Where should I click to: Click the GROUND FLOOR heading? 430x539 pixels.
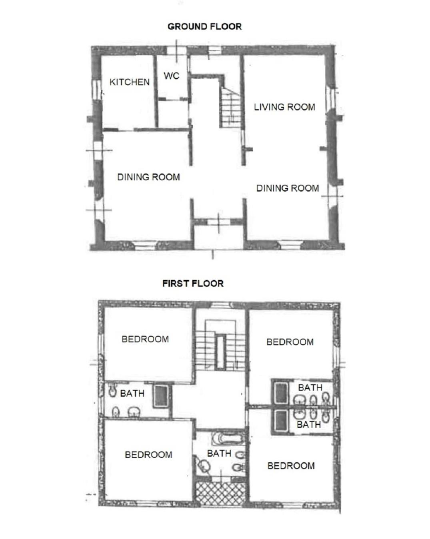tap(204, 26)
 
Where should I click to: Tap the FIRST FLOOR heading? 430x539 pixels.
tap(193, 283)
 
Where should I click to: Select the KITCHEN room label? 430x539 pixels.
tap(130, 82)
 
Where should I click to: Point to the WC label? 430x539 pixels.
tap(172, 76)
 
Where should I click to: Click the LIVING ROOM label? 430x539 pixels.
tap(284, 107)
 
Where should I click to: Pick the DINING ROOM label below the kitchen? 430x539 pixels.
tap(148, 177)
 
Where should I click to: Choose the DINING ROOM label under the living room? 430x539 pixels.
tap(288, 188)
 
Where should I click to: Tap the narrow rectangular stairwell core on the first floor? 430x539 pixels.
tap(220, 352)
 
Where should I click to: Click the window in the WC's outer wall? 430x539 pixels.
tap(177, 51)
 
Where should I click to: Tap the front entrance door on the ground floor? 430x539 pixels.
tap(219, 222)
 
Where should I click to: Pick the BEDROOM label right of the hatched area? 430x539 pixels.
tap(291, 466)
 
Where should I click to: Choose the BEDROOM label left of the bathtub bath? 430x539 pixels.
tap(148, 455)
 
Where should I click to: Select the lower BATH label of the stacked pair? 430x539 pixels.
tap(309, 425)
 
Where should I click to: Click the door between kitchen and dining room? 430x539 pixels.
tap(126, 130)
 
